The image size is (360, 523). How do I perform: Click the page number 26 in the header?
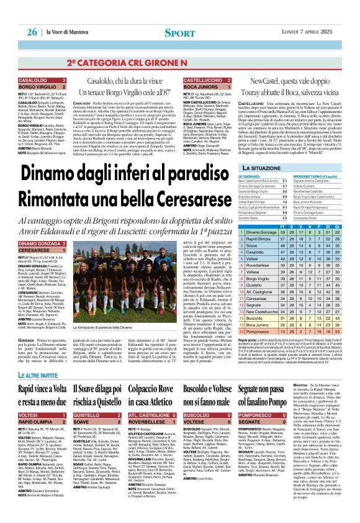[32, 32]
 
